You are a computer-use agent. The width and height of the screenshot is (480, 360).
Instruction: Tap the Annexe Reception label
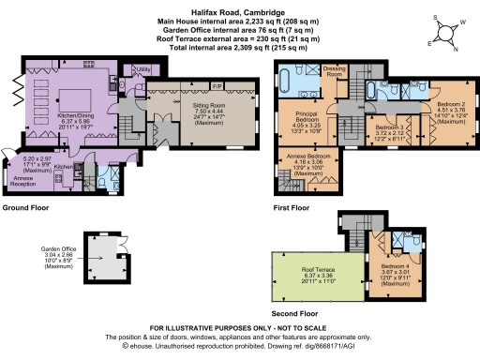point(28,178)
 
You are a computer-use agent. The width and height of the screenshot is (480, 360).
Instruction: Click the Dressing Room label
point(335,71)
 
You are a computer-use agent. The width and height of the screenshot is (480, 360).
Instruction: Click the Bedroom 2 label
point(442,97)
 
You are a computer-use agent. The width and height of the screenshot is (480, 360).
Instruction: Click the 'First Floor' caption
point(292,206)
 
